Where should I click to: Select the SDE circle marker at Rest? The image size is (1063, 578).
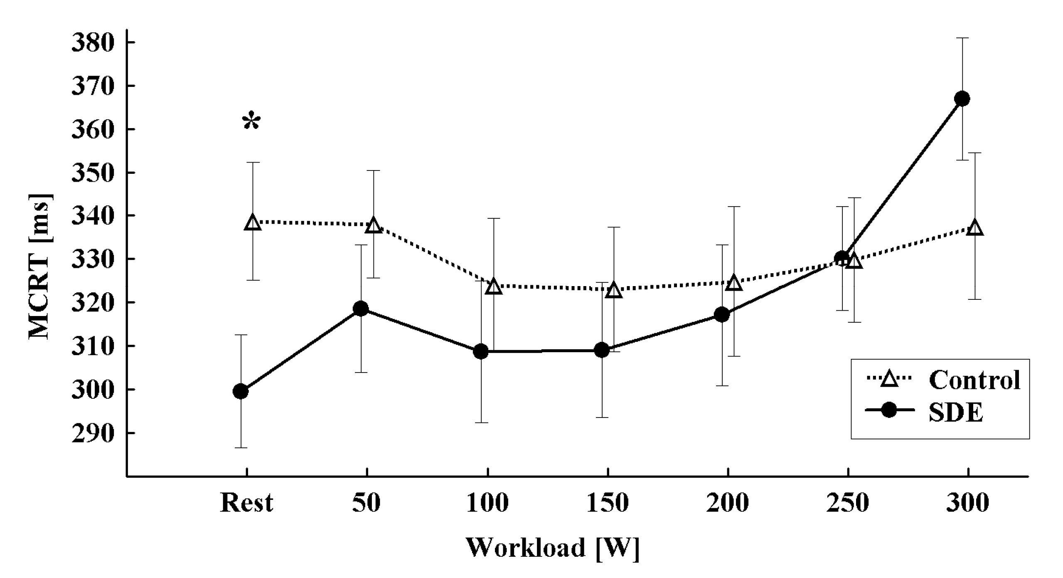pyautogui.click(x=241, y=391)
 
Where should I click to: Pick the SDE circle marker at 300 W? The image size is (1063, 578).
pyautogui.click(x=962, y=99)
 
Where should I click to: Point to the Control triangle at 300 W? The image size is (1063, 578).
pyautogui.click(x=974, y=228)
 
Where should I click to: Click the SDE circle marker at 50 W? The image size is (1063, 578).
pyautogui.click(x=361, y=309)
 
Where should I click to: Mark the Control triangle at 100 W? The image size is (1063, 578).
pyautogui.click(x=494, y=287)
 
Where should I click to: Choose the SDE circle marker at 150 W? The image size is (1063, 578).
pyautogui.click(x=601, y=351)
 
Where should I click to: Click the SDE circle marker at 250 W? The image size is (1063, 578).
pyautogui.click(x=842, y=258)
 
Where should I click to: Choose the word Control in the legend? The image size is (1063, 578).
pyautogui.click(x=974, y=380)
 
